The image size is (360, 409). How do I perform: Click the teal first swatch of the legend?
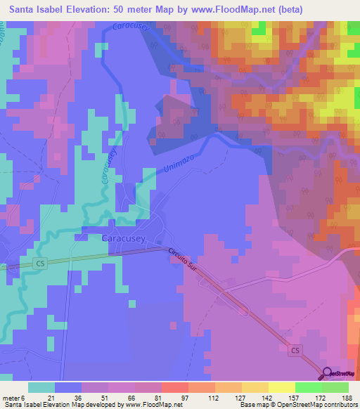(41, 387)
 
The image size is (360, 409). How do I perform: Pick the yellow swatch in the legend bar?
(281, 387)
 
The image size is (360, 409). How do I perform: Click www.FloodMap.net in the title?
(248, 8)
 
